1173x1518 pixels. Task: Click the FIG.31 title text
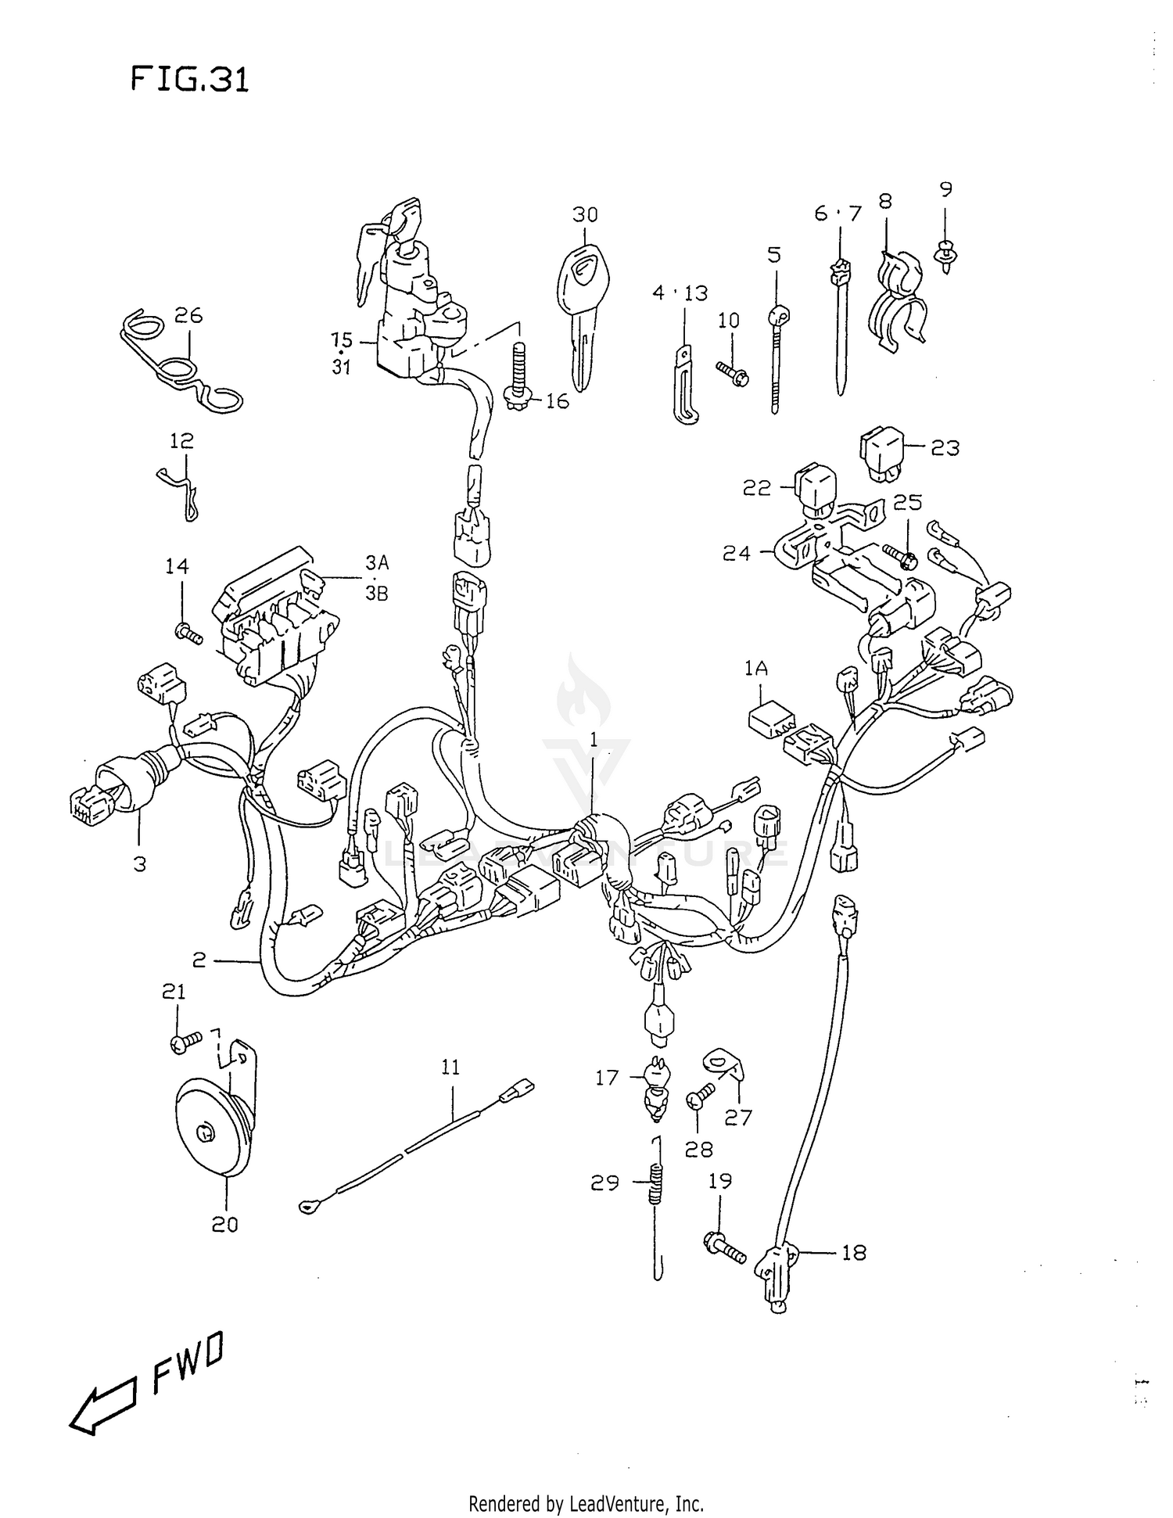tap(190, 80)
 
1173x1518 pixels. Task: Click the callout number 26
tap(188, 315)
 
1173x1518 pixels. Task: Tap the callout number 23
tap(945, 448)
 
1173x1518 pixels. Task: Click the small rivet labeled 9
tap(946, 256)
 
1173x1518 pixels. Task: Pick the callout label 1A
tap(755, 669)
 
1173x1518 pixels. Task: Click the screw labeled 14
tap(188, 631)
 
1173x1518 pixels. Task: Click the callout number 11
tap(450, 1068)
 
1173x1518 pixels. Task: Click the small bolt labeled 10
tap(732, 374)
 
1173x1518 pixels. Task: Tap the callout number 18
tap(853, 1252)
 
